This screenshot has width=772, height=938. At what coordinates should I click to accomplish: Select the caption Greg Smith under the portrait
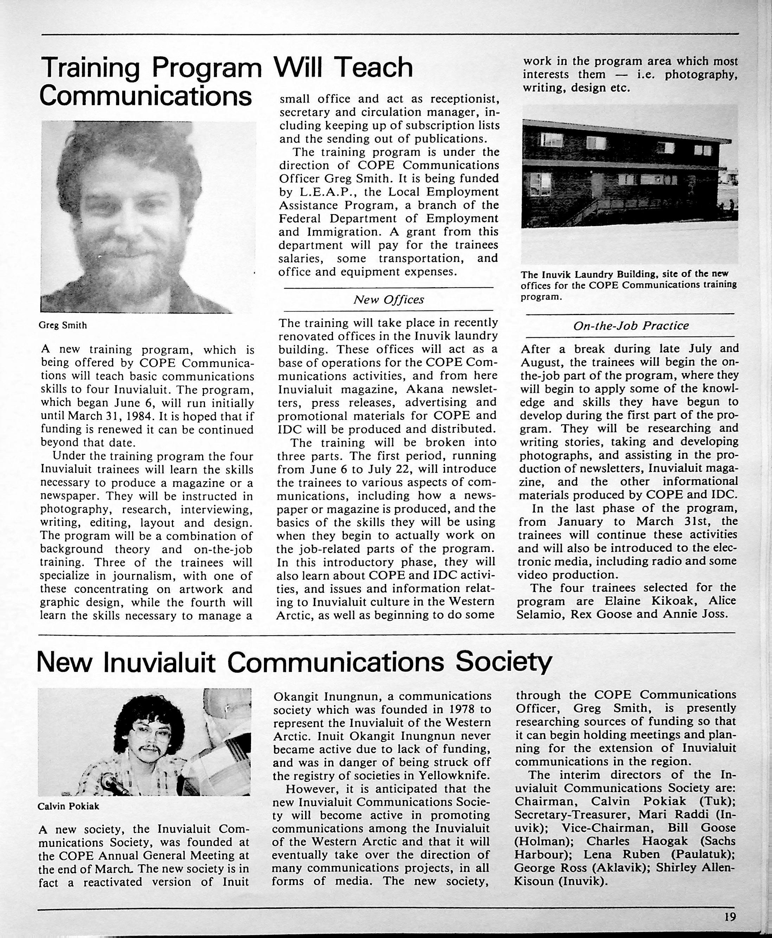(63, 325)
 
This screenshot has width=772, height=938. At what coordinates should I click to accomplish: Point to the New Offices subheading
(388, 300)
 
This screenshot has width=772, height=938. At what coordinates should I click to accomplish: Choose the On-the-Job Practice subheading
(631, 326)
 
